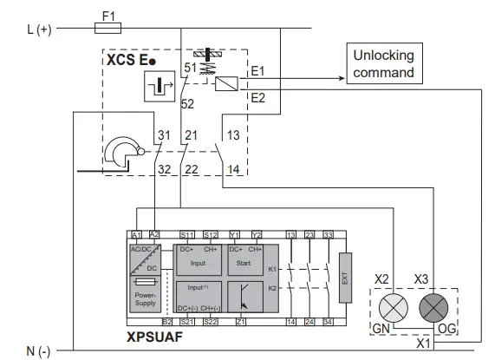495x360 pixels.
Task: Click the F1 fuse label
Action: point(107,15)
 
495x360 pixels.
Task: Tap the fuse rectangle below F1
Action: point(108,29)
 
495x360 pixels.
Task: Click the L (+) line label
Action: point(39,29)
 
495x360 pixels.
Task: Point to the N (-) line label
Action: point(38,350)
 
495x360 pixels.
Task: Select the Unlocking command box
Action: point(383,63)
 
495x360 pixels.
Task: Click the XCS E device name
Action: point(127,62)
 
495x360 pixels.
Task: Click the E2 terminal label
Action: point(258,98)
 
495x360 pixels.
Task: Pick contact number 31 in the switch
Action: point(165,135)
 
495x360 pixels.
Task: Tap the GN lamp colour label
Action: point(381,330)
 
